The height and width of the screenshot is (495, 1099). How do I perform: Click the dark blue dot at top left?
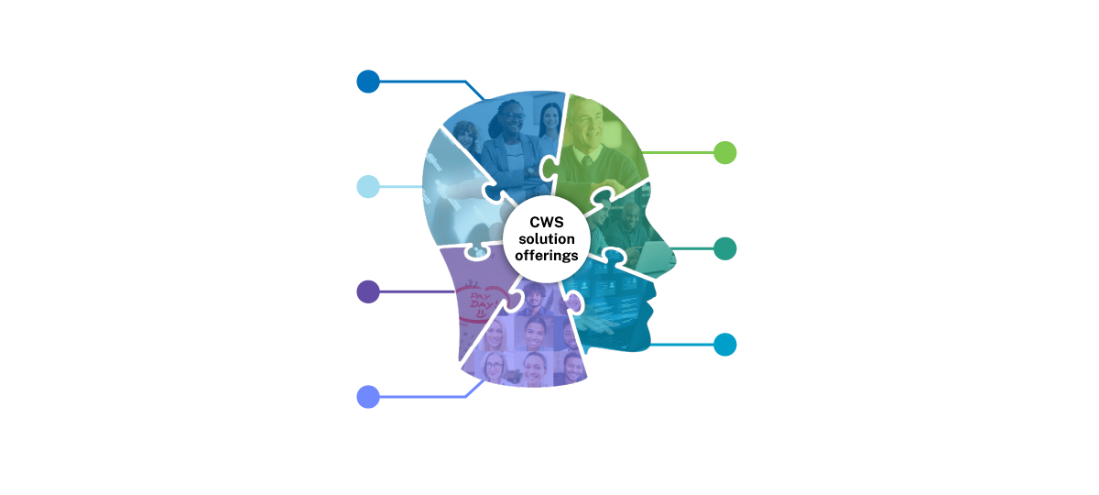tap(367, 82)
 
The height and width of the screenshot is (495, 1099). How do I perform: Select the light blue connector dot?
tap(367, 187)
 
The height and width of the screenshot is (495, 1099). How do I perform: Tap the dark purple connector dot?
tap(367, 291)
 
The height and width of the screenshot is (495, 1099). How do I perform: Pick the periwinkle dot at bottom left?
tap(367, 397)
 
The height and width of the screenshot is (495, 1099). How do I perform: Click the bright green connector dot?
tap(724, 152)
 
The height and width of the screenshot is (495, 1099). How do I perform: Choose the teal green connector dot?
tap(724, 248)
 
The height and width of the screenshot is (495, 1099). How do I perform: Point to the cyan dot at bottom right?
tap(724, 345)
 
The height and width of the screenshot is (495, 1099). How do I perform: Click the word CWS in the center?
tap(546, 222)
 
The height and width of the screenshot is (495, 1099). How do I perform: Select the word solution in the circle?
tap(546, 239)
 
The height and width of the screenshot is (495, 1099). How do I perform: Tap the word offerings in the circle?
tap(546, 256)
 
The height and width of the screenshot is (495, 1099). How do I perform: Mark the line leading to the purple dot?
tap(412, 291)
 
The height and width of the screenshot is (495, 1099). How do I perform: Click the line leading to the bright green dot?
tap(678, 152)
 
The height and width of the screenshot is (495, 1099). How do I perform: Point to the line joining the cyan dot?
tap(682, 346)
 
